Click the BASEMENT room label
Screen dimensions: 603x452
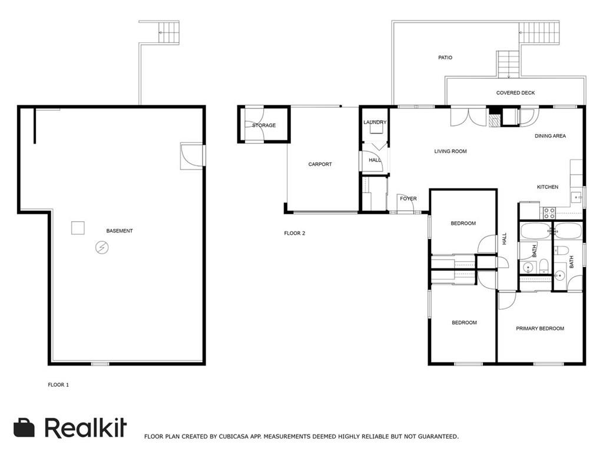pyautogui.click(x=119, y=231)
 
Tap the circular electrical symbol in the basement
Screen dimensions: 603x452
pyautogui.click(x=102, y=248)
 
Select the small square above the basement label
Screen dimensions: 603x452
pyautogui.click(x=78, y=228)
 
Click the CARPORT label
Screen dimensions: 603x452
pyautogui.click(x=320, y=164)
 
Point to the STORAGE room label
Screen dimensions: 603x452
pyautogui.click(x=264, y=125)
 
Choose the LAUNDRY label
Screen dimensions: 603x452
pyautogui.click(x=375, y=122)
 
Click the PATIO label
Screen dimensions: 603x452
pyautogui.click(x=445, y=58)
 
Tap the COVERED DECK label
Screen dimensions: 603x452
pyautogui.click(x=515, y=92)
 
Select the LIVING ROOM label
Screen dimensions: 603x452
pyautogui.click(x=450, y=151)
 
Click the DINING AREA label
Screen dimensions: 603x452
pyautogui.click(x=550, y=136)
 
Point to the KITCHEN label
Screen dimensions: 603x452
pyautogui.click(x=548, y=187)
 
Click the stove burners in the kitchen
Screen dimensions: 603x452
pyautogui.click(x=549, y=212)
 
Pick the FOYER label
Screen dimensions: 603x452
pyautogui.click(x=408, y=199)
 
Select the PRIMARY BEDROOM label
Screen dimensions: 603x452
pyautogui.click(x=540, y=328)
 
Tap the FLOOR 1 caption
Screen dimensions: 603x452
pyautogui.click(x=58, y=385)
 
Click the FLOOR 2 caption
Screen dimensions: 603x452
pyautogui.click(x=294, y=233)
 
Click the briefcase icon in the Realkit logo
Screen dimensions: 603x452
pyautogui.click(x=24, y=427)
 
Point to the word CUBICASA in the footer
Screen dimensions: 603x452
pyautogui.click(x=234, y=437)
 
